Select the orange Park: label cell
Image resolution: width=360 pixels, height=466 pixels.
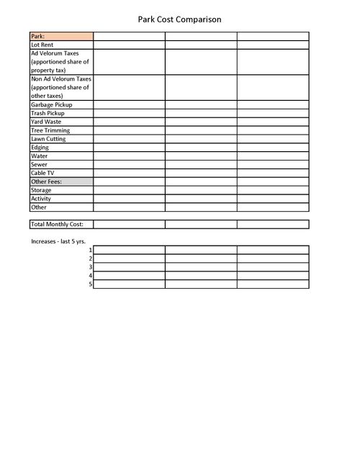point(61,36)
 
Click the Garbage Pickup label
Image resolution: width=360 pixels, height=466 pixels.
point(51,105)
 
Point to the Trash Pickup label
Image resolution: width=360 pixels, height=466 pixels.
point(48,114)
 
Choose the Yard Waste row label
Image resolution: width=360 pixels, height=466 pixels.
point(46,122)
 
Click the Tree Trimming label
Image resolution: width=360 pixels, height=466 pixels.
point(50,130)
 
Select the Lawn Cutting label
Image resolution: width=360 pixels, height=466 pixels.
point(48,139)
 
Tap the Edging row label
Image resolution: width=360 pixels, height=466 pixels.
point(40,148)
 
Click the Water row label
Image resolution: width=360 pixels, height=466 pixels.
point(40,156)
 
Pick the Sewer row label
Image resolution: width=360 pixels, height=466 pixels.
point(40,165)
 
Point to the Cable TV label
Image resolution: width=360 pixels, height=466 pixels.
point(43,174)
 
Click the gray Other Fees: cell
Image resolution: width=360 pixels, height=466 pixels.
point(61,182)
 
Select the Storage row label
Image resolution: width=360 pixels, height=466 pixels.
point(41,190)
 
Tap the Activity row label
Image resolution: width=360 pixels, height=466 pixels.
point(41,199)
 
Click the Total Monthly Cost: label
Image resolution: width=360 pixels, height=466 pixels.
point(57,225)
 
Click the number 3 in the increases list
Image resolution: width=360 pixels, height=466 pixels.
point(91,267)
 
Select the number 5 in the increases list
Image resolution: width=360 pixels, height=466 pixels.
point(91,284)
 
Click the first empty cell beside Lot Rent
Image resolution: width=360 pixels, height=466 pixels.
point(129,45)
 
